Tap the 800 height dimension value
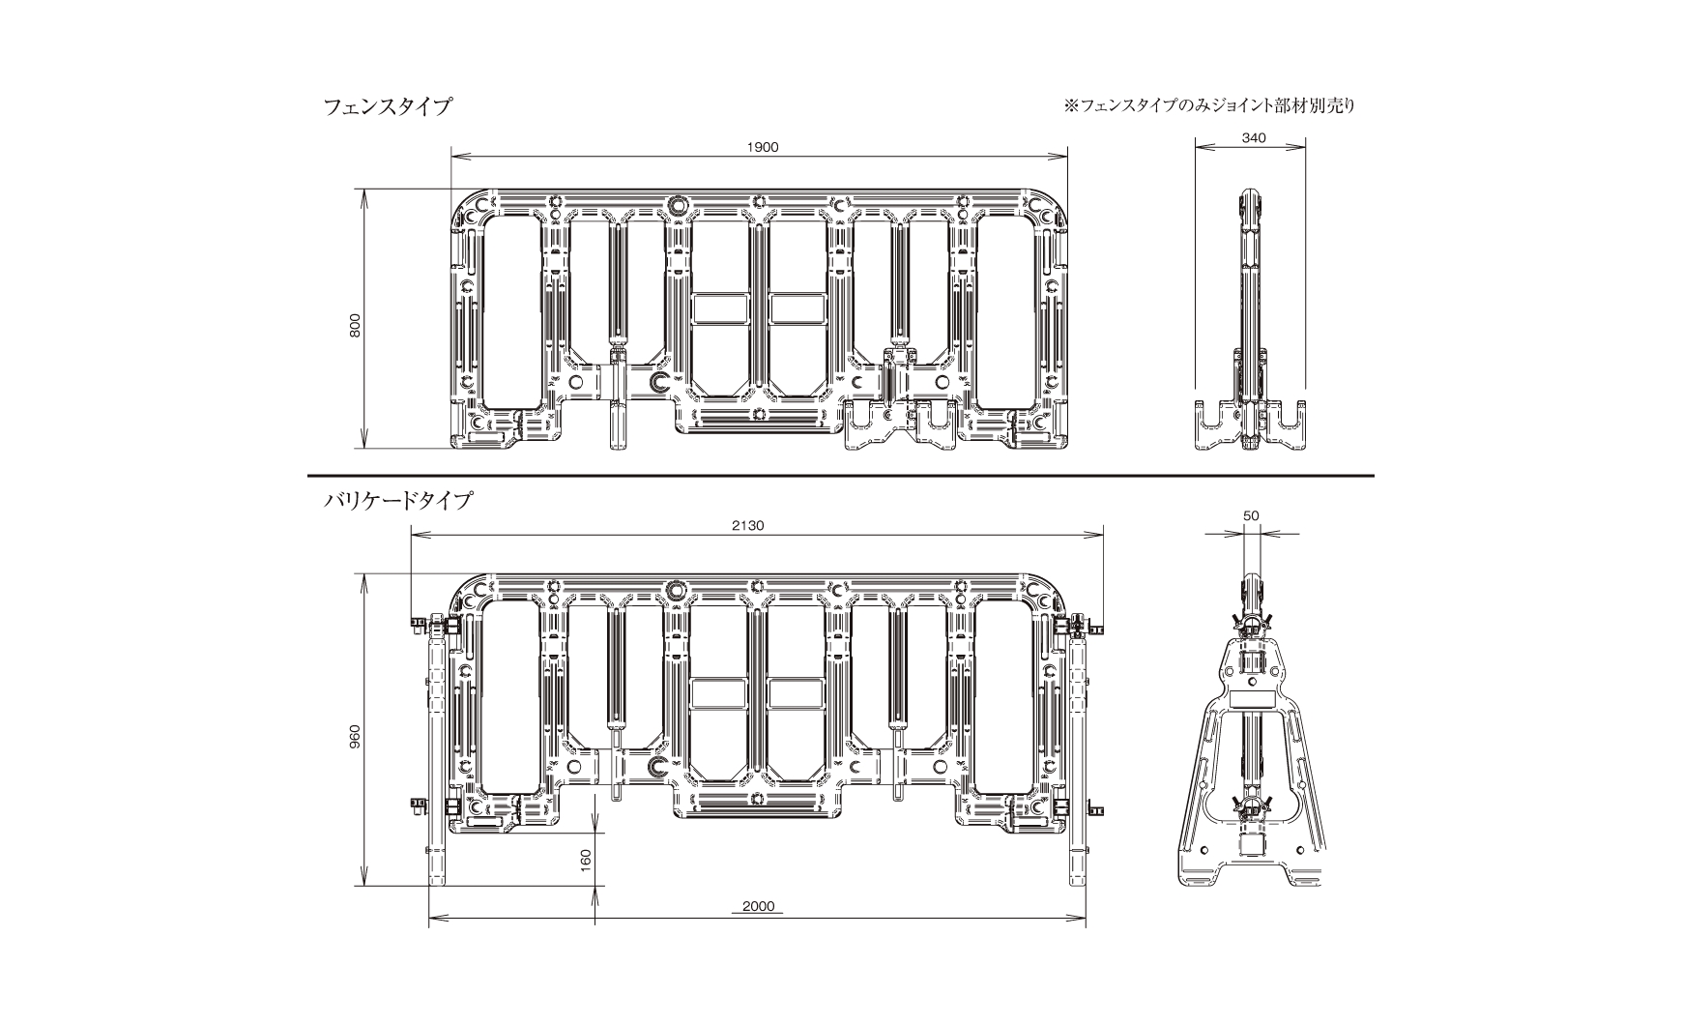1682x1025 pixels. click(x=355, y=326)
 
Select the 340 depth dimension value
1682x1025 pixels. click(x=1253, y=138)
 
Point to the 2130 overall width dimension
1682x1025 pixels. click(x=747, y=525)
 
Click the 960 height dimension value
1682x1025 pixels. click(x=355, y=738)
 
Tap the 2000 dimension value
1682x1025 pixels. click(x=759, y=906)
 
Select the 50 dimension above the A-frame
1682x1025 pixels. click(x=1251, y=516)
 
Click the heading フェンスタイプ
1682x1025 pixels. click(x=387, y=106)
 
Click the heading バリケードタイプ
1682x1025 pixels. click(x=397, y=501)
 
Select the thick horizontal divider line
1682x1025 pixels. click(x=840, y=476)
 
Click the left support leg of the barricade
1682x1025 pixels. click(x=437, y=749)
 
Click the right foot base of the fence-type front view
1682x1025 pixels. click(x=901, y=427)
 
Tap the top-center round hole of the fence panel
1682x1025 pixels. click(x=677, y=205)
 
